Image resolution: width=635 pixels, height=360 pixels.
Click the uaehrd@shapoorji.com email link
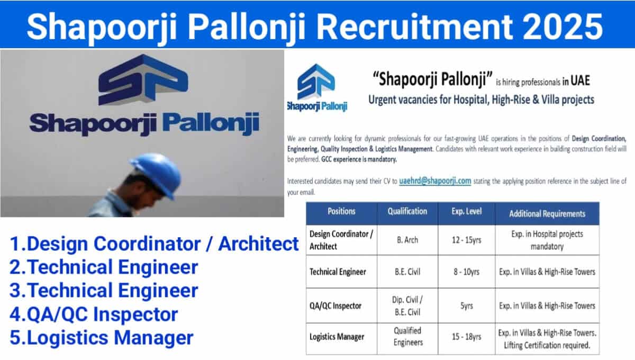click(435, 181)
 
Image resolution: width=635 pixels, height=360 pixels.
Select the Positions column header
click(341, 211)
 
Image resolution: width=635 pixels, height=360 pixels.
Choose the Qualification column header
click(407, 211)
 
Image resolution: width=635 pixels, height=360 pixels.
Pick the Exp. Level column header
click(466, 211)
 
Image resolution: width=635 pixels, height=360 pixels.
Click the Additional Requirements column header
click(547, 213)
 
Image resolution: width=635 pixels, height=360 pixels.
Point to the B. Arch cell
click(407, 240)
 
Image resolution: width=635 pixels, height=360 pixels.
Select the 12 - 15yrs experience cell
click(466, 240)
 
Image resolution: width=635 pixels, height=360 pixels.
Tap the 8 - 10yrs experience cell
click(466, 272)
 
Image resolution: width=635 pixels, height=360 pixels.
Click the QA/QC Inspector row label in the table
click(335, 306)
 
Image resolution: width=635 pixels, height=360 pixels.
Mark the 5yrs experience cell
click(466, 306)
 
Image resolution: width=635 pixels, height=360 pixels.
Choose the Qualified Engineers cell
click(408, 337)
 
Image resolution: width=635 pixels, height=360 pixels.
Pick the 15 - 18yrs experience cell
click(466, 337)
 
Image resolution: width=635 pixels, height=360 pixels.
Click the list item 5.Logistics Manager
click(102, 338)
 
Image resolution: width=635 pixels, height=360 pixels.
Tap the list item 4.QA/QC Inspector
click(94, 314)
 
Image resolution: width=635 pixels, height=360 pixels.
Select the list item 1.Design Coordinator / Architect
click(154, 244)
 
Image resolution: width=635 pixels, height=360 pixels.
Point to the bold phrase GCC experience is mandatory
click(359, 159)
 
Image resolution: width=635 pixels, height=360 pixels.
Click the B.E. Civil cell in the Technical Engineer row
click(407, 272)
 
